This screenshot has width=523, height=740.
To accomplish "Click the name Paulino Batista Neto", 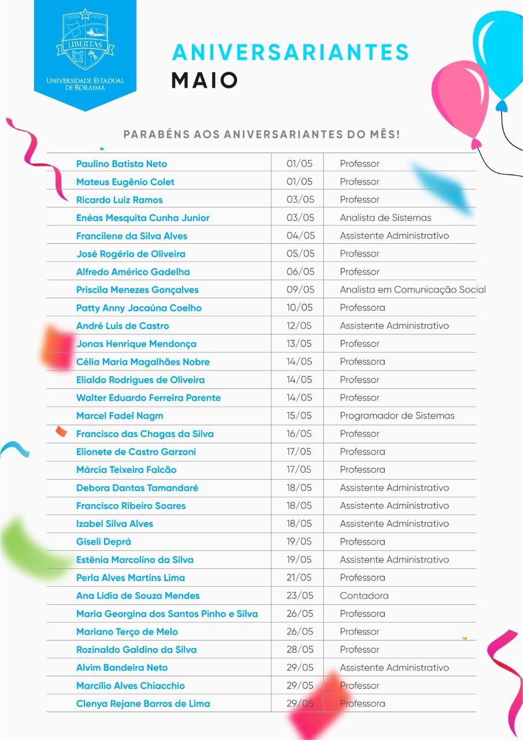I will point(121,164).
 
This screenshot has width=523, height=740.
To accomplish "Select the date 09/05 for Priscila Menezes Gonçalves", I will point(300,290).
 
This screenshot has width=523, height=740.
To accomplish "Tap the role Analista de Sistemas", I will point(385,218).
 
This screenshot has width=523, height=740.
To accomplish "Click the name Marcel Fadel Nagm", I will point(120,416).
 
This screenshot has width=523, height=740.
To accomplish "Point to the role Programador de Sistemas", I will point(397,416).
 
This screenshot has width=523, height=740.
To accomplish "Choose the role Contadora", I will point(364,595).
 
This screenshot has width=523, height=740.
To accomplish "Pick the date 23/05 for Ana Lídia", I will point(300,595).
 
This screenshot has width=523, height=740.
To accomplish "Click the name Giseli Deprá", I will point(103,542).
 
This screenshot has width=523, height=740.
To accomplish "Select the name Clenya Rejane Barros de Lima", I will point(143,704).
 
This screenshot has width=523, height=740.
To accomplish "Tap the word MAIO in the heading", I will point(205,80).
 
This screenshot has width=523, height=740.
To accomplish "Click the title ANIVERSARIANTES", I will point(291,53).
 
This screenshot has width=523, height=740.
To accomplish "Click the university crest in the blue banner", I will point(85,40).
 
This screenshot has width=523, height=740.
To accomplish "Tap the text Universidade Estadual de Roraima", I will point(85,83).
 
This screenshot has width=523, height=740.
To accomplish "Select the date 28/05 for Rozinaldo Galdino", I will point(300,649).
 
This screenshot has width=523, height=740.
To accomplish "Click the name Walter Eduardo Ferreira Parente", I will point(149,398).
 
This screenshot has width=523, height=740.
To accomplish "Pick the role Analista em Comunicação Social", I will point(413,290).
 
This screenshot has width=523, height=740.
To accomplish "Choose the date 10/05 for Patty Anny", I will point(300,308).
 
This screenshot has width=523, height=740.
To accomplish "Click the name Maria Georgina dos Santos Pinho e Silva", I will point(167,613).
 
